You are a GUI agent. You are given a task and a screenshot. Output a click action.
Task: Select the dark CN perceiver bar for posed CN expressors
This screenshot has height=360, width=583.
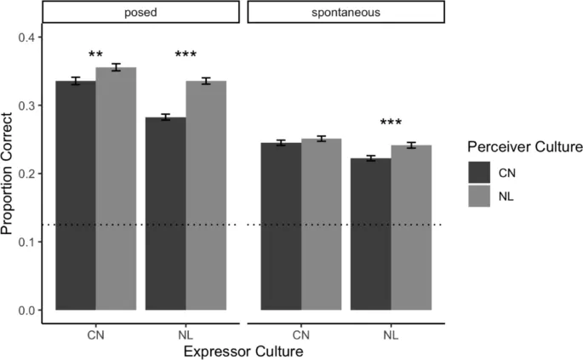(x=75, y=196)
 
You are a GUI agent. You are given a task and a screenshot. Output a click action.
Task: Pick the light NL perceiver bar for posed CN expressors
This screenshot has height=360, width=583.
(x=116, y=188)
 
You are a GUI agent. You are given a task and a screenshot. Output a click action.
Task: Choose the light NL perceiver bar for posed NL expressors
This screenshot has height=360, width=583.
(x=206, y=196)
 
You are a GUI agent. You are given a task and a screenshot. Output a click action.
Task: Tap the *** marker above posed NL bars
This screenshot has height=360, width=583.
(x=186, y=56)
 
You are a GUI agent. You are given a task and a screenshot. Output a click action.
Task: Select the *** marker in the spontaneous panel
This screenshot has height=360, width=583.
(x=391, y=124)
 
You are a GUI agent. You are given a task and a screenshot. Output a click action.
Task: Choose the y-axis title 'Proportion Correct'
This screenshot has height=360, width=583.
(x=10, y=174)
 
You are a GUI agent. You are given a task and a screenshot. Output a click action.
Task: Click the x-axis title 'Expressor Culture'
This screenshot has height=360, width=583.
(x=242, y=350)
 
